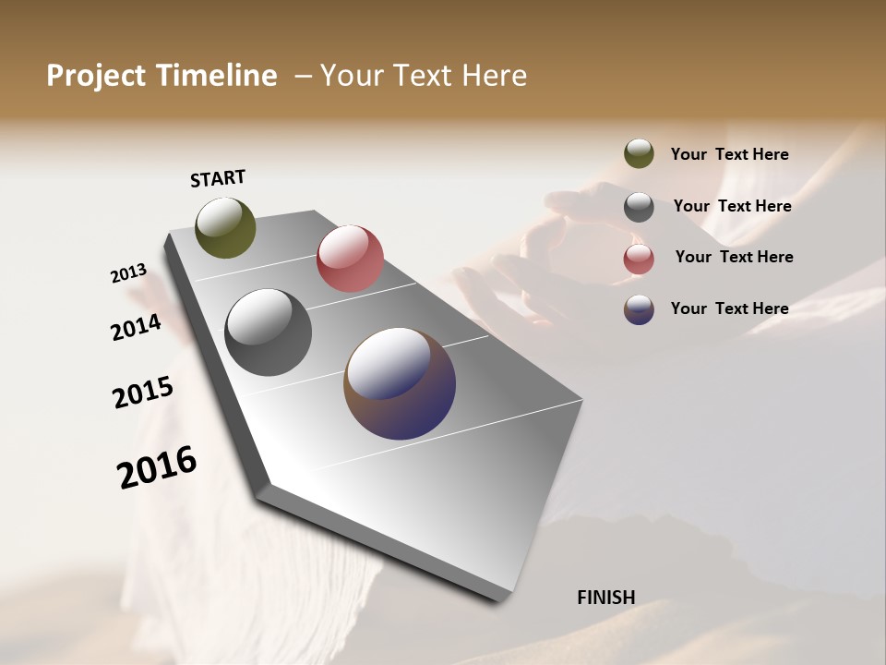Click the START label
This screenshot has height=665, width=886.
218,178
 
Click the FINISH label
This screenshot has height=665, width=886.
605,598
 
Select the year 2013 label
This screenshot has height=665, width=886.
128,273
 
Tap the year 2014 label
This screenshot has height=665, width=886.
137,327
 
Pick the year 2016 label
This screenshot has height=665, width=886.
157,466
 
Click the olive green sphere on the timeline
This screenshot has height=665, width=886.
225,227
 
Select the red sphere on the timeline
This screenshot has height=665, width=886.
350,258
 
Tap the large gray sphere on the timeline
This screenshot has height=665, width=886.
268,332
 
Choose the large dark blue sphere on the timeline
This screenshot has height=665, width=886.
400,382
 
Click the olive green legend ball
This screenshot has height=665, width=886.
639,154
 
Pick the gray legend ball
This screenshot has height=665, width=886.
639,207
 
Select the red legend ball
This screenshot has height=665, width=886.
639,259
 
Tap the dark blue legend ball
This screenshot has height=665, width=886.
639,309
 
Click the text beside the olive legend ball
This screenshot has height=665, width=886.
729,155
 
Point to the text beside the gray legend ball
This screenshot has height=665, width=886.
732,206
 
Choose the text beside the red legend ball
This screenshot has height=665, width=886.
734,257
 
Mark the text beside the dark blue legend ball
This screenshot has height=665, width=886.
729,308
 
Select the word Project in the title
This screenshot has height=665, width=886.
95,76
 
